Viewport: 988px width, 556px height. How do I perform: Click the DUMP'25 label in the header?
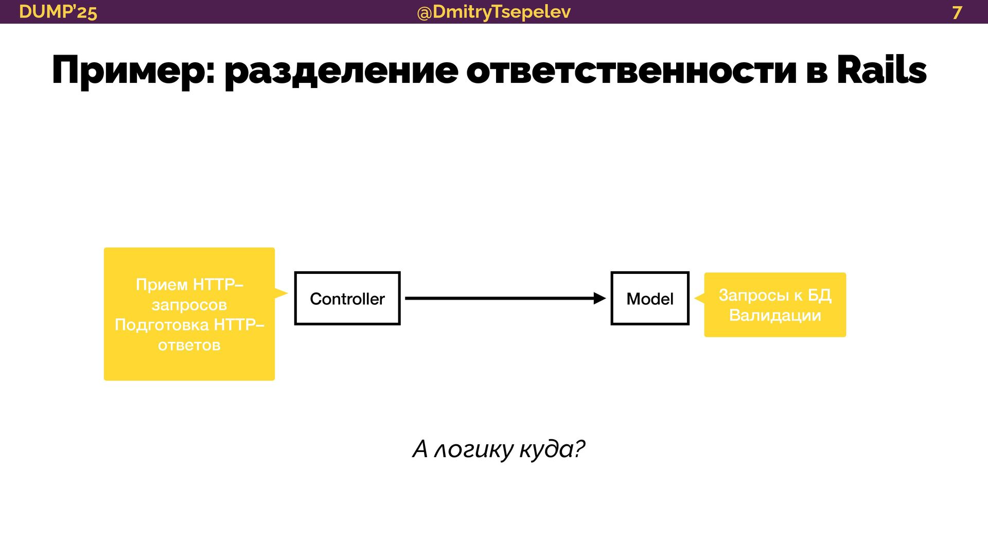click(58, 12)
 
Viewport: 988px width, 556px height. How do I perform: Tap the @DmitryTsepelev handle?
click(493, 12)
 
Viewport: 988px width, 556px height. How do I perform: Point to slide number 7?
click(957, 12)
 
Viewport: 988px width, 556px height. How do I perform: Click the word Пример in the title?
click(133, 71)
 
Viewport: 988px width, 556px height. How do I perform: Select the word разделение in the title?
click(341, 71)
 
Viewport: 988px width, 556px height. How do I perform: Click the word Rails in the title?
click(881, 70)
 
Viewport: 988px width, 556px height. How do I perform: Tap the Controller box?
click(347, 299)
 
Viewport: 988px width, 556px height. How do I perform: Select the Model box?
click(650, 299)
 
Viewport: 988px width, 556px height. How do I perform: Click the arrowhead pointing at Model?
click(599, 298)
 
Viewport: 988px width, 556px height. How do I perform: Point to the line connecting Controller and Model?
click(499, 298)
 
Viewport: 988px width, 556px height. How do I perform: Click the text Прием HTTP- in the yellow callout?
click(189, 284)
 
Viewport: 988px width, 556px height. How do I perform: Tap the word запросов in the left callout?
click(189, 305)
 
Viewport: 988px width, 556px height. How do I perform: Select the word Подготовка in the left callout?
click(162, 325)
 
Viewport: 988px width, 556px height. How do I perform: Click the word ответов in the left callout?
click(189, 345)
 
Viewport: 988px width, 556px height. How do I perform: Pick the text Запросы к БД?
click(775, 295)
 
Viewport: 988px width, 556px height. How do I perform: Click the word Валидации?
click(775, 315)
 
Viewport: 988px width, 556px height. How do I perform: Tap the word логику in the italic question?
click(474, 449)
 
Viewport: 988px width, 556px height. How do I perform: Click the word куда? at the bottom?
click(552, 449)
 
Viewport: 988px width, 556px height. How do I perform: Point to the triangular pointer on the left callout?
click(280, 293)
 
